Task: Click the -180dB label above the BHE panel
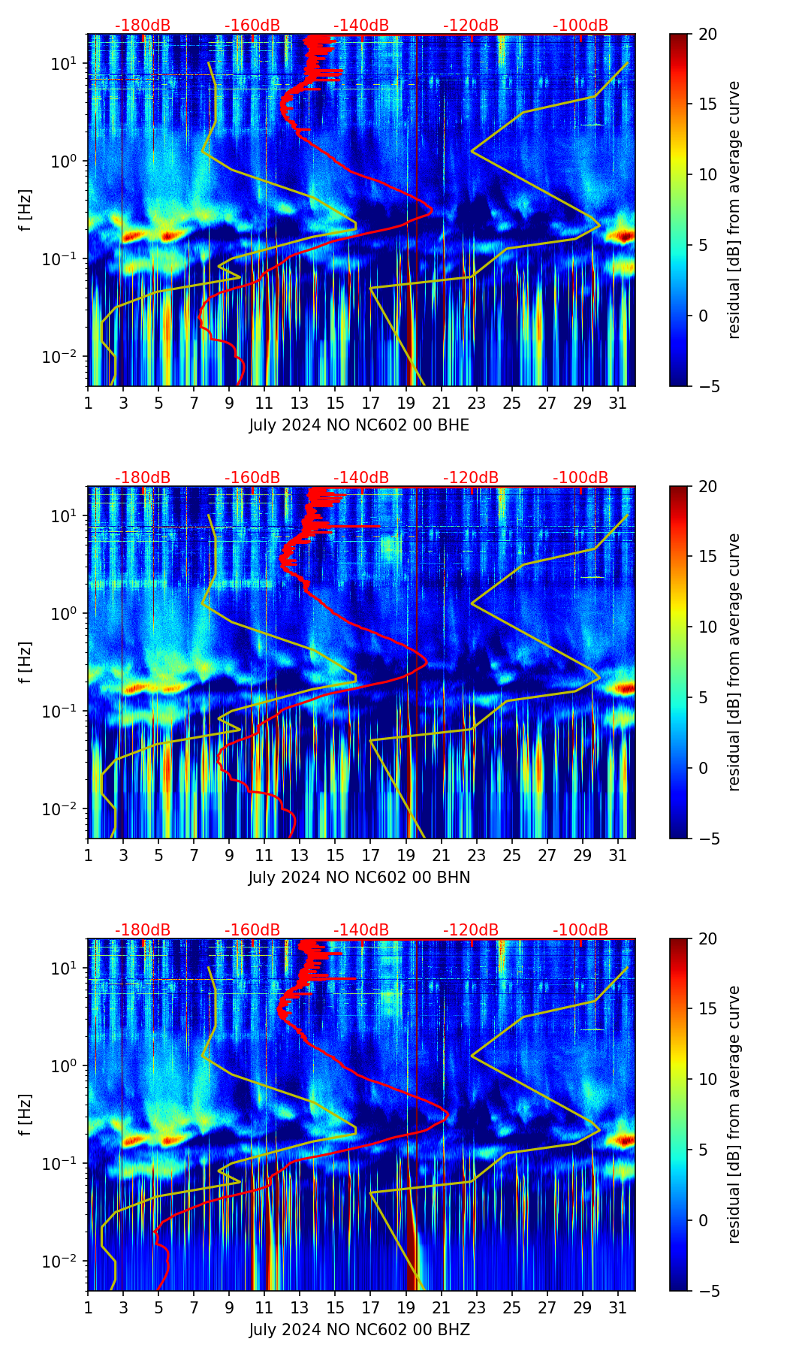click(x=143, y=26)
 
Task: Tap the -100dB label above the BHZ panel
click(x=580, y=930)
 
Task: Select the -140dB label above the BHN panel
click(x=361, y=478)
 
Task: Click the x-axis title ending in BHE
click(x=359, y=425)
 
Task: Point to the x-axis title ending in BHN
click(x=359, y=878)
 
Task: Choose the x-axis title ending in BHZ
click(x=359, y=1330)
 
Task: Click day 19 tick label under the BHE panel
click(x=406, y=403)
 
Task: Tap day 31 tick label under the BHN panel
click(x=618, y=855)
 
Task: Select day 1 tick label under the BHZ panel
click(x=88, y=1307)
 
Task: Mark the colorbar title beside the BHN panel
click(x=734, y=662)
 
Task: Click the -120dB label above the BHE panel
click(x=471, y=26)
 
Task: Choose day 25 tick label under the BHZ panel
click(x=512, y=1307)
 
